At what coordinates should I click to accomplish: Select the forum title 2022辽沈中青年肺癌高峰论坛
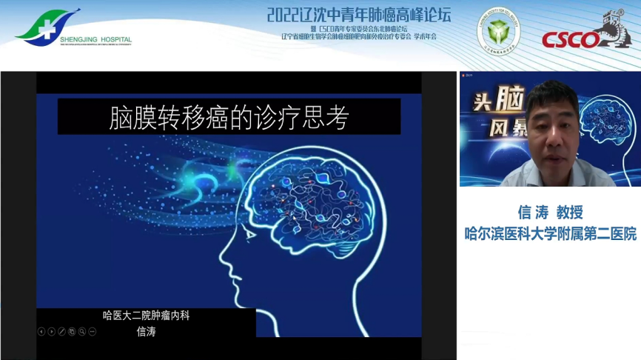[358, 15]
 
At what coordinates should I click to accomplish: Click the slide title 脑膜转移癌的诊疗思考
[229, 118]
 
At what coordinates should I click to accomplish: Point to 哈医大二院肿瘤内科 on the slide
[151, 316]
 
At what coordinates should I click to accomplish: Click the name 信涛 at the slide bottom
[147, 331]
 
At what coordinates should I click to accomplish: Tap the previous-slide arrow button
[41, 331]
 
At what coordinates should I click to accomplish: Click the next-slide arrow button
[51, 331]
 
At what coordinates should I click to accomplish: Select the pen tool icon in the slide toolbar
[61, 331]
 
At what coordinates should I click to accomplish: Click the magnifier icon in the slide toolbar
[82, 331]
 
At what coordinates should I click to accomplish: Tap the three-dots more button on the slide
[93, 331]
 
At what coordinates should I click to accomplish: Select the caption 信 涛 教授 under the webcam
[550, 213]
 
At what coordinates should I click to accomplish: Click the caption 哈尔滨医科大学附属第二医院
[550, 233]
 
